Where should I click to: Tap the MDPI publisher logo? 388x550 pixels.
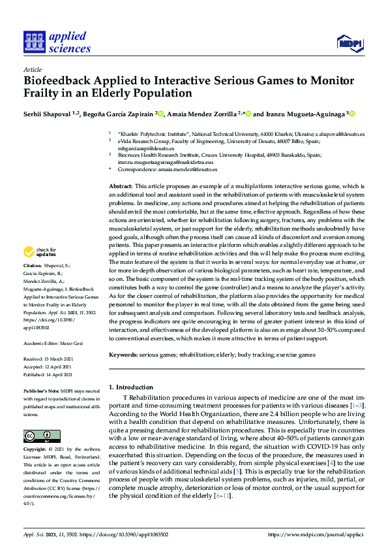tap(350, 43)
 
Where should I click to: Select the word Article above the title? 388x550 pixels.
tap(32, 69)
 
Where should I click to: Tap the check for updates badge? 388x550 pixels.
tap(40, 251)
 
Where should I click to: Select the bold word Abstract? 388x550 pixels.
tap(121, 187)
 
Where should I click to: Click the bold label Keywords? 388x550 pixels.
tap(124, 355)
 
